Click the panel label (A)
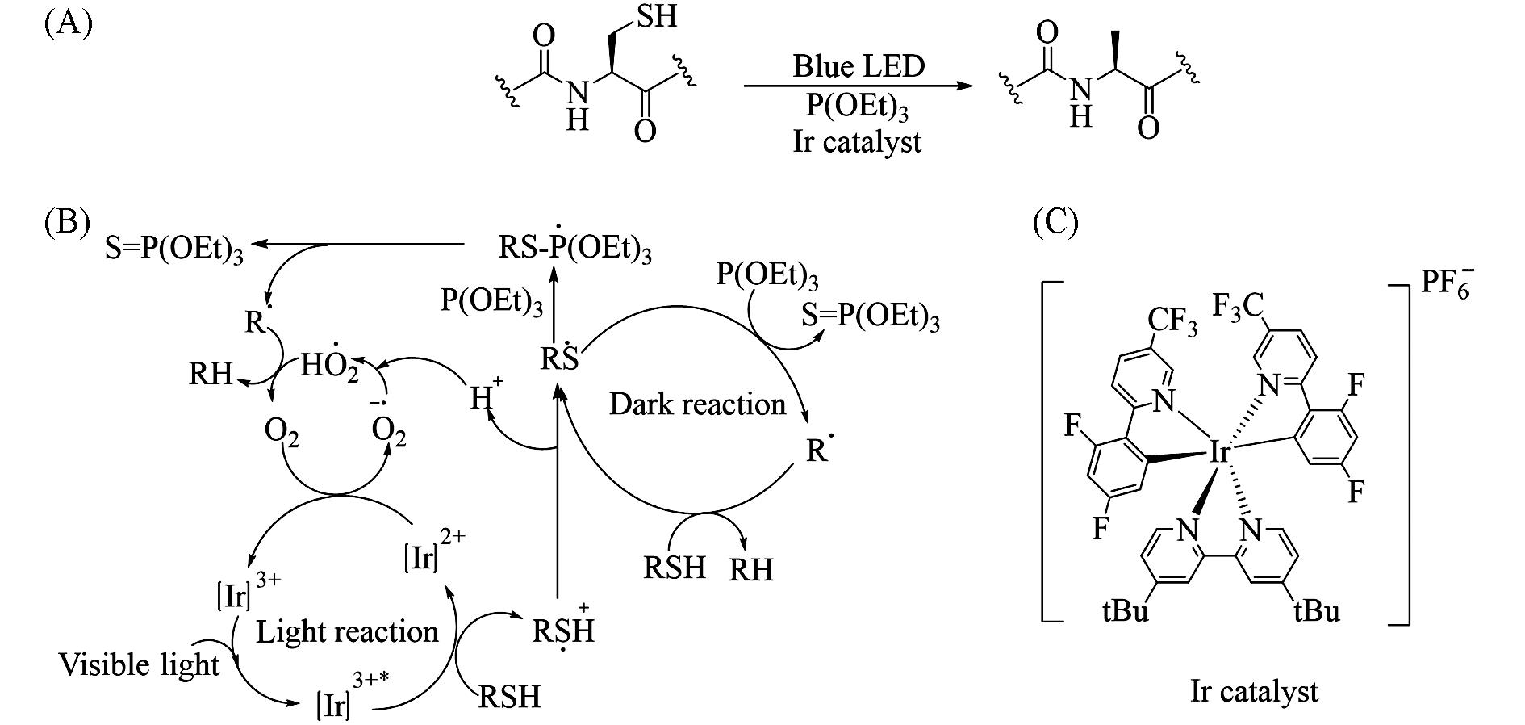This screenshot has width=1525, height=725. coord(69,24)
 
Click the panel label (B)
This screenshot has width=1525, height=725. coord(68,221)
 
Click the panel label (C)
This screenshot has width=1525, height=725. coord(1055,221)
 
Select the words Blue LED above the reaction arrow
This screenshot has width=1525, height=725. coord(858,66)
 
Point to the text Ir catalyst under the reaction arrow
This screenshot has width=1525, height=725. coord(857,142)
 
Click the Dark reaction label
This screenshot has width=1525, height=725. coord(697,404)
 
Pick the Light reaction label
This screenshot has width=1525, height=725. coord(347,631)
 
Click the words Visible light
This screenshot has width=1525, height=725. coord(140,664)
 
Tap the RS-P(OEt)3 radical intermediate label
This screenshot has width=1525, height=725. coord(574,245)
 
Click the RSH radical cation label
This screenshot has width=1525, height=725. coord(563,629)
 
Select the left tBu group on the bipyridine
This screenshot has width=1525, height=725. coord(1125,610)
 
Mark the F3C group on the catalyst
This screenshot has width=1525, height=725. coord(1239,306)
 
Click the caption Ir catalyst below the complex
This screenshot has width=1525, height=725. coord(1255,691)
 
